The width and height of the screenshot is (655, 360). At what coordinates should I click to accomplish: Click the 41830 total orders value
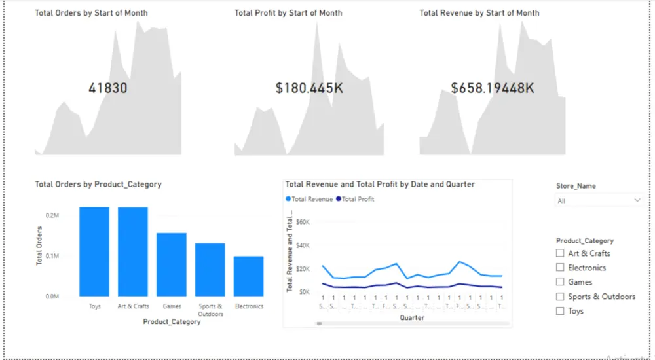(108, 88)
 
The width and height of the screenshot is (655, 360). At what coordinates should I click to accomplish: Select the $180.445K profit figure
(309, 88)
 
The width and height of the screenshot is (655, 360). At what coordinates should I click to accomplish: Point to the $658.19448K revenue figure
(493, 88)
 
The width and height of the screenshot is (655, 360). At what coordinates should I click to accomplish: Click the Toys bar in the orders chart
(94, 252)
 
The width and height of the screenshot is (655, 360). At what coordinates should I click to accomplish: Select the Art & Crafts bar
(133, 252)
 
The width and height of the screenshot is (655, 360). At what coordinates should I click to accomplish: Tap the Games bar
(171, 265)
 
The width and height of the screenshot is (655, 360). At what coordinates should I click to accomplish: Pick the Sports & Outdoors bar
(210, 270)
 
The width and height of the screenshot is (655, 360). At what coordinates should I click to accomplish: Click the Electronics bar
(248, 276)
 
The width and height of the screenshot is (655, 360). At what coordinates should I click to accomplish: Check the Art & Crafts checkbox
(560, 253)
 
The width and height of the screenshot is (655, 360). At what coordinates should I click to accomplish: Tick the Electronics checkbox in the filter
(560, 268)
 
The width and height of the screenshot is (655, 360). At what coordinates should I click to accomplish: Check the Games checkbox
(560, 282)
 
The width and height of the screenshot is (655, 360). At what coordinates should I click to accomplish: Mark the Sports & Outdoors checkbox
(560, 297)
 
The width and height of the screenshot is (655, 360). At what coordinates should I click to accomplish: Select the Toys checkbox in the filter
(560, 311)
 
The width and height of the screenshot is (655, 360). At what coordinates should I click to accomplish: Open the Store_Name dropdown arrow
(637, 200)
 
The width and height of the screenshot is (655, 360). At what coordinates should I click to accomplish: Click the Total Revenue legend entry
(309, 199)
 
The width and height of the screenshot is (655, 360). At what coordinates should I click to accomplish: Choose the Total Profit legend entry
(355, 199)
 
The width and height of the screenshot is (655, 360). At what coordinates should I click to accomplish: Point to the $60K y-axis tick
(302, 222)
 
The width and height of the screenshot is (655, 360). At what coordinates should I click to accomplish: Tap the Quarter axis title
(411, 318)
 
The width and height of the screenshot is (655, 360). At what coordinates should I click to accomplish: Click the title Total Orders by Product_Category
(98, 185)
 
